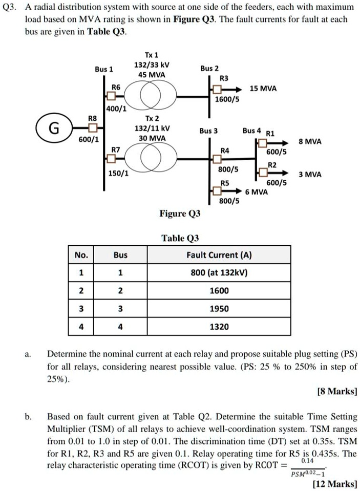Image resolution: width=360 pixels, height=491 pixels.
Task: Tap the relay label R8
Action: (x=93, y=117)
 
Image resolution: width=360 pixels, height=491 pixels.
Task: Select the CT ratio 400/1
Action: (x=117, y=109)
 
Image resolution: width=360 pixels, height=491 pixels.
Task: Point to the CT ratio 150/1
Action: (x=118, y=173)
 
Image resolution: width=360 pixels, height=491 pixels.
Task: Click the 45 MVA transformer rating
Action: (x=152, y=75)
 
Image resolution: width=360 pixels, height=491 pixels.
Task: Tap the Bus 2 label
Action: (x=209, y=68)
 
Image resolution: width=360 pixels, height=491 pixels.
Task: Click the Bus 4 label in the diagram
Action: (x=251, y=131)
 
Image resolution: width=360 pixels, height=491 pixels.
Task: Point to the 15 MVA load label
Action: (x=264, y=88)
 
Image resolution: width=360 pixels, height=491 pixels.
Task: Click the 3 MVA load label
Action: (x=310, y=174)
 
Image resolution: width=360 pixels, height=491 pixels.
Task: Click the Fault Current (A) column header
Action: (x=219, y=254)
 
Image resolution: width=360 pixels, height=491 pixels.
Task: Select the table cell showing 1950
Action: (x=219, y=308)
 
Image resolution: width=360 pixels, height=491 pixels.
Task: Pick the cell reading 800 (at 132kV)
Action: (x=219, y=272)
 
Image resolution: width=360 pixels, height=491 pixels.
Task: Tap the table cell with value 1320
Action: (x=219, y=326)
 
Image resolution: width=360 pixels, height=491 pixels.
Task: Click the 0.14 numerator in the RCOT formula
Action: (x=308, y=461)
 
